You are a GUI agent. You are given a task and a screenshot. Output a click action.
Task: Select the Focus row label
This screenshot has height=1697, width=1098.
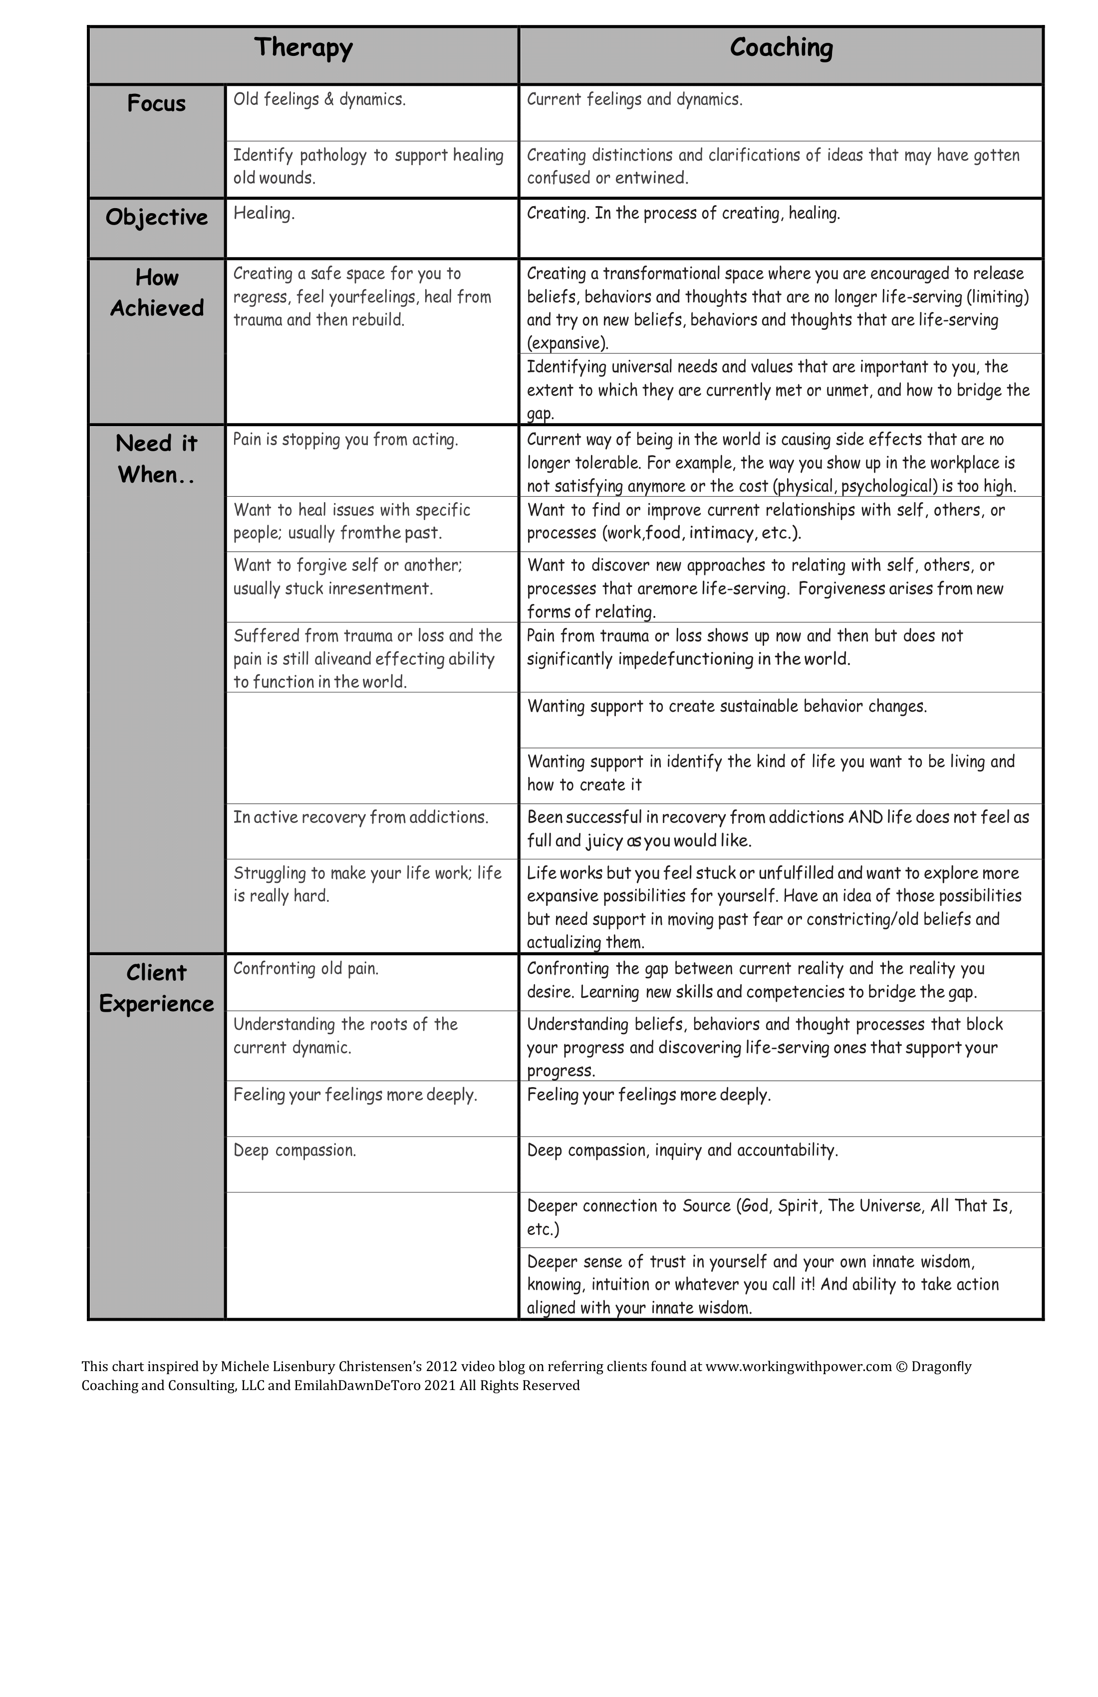[x=156, y=104]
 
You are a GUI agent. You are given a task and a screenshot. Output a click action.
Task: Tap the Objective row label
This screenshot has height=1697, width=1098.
[x=156, y=218]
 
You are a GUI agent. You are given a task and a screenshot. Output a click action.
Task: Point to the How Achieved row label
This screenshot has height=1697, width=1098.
[x=156, y=292]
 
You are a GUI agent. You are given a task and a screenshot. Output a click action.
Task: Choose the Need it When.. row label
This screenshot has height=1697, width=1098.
[x=156, y=459]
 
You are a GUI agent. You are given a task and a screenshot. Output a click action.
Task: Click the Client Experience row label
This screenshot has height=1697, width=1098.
[x=156, y=988]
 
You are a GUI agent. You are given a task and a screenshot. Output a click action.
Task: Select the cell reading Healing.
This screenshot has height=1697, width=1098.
[x=264, y=213]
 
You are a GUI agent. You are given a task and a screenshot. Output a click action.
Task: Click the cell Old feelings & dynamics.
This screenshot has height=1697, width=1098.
[x=319, y=99]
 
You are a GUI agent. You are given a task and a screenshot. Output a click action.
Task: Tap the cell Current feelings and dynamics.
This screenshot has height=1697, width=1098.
[x=634, y=99]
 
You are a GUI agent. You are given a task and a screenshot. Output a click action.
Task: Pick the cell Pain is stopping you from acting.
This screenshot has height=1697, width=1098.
[x=346, y=439]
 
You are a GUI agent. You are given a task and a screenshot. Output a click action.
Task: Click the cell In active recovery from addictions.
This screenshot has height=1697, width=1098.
[x=361, y=817]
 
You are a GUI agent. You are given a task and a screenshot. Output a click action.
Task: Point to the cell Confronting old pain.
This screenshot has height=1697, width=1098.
[x=306, y=968]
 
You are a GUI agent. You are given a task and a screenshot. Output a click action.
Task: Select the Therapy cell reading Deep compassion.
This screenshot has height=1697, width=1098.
[x=294, y=1150]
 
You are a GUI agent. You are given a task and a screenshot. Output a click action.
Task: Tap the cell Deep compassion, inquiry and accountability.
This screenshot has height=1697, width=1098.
[x=682, y=1150]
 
